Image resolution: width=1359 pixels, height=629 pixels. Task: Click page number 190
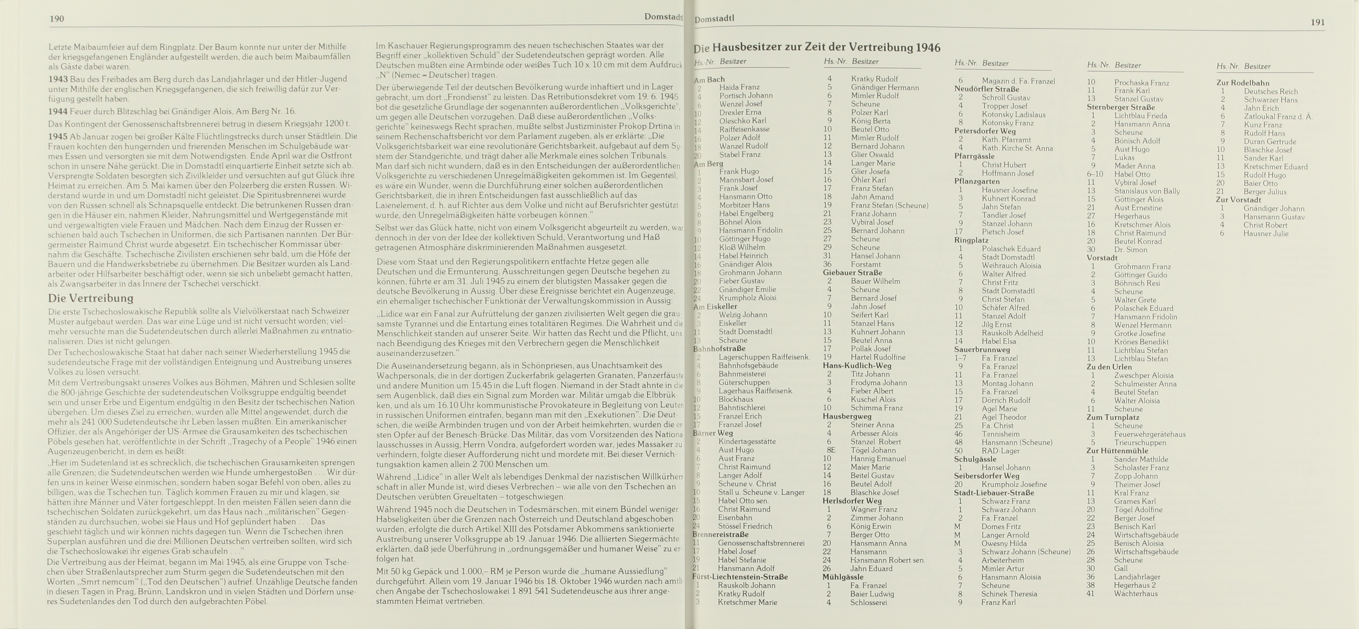click(57, 19)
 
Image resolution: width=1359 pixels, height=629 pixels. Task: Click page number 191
click(1317, 22)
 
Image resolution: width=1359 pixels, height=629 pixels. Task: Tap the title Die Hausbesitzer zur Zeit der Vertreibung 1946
click(817, 48)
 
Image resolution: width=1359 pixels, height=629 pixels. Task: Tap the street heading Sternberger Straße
click(1121, 107)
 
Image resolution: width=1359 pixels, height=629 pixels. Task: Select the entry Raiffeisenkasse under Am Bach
click(744, 129)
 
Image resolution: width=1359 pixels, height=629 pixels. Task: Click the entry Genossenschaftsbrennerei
click(761, 543)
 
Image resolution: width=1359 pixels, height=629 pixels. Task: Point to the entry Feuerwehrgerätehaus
click(1150, 434)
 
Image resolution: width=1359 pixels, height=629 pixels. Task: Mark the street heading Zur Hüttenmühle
click(1117, 450)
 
